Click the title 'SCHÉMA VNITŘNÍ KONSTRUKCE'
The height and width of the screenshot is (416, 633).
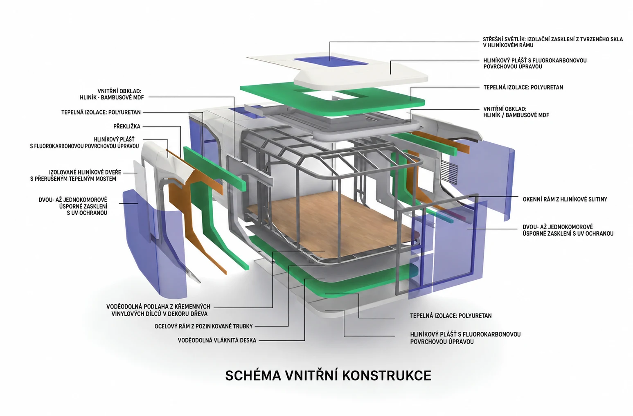pos(328,376)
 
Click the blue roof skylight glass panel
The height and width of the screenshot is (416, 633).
pos(331,61)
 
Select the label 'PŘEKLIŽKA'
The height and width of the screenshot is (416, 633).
pos(127,126)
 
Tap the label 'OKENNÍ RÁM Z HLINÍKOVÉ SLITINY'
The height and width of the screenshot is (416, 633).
pos(565,199)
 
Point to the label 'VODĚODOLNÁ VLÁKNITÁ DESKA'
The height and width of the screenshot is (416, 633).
pos(217,340)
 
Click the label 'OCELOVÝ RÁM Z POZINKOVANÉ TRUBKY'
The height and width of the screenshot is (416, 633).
pos(203,326)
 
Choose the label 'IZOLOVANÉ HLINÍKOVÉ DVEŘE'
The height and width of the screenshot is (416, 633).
pos(85,172)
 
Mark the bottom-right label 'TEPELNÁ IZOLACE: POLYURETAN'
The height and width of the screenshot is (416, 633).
pos(451,315)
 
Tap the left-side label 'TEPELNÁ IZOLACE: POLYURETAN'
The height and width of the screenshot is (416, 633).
pos(101,112)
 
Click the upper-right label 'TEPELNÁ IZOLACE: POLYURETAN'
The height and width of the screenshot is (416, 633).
pos(523,87)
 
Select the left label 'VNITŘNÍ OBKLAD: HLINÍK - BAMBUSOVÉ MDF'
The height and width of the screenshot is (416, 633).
pos(112,94)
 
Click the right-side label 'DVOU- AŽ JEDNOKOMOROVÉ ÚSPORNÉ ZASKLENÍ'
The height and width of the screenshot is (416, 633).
pos(568,230)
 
